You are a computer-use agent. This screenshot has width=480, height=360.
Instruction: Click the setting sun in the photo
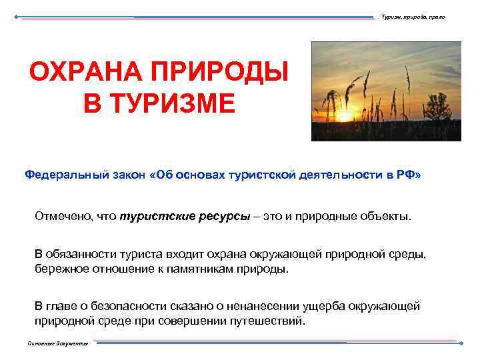pos(344,115)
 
